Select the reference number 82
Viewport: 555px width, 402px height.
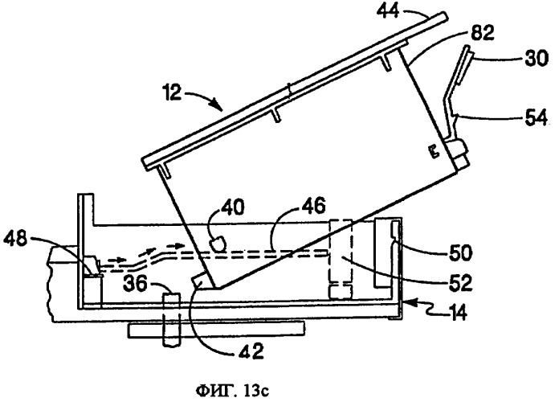(x=482, y=34)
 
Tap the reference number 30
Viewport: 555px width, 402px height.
(x=537, y=58)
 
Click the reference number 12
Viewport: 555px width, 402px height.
(x=173, y=92)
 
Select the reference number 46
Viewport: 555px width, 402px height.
(x=314, y=207)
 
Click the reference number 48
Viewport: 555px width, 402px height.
(x=15, y=239)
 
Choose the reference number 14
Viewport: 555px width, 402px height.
(x=457, y=313)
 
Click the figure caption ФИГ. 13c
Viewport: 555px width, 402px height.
(x=233, y=392)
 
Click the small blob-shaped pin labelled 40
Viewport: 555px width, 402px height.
(x=218, y=244)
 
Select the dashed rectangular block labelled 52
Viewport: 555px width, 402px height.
(x=341, y=259)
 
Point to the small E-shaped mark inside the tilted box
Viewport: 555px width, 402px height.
(x=434, y=150)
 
